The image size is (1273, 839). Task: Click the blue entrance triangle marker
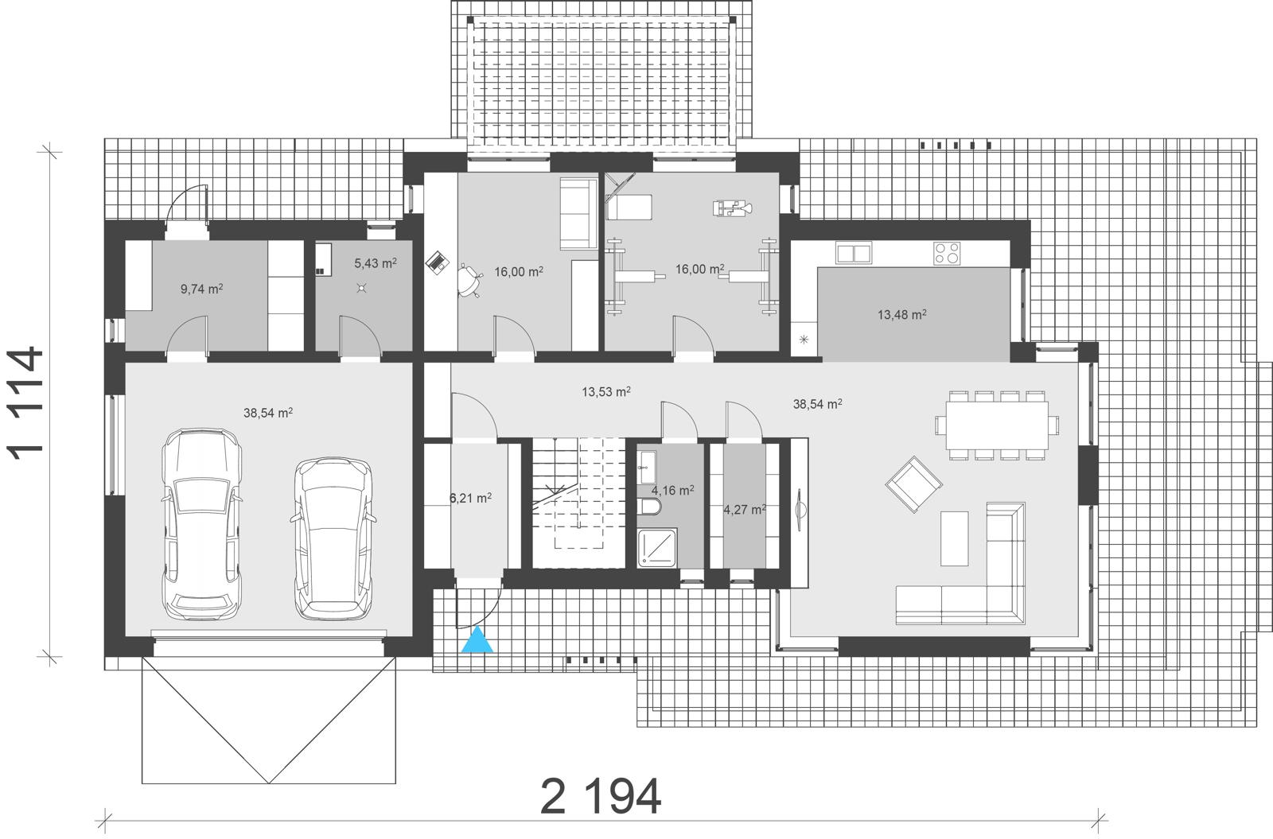pos(477,639)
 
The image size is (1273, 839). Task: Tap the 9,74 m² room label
pos(202,289)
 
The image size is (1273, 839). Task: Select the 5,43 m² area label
pos(375,263)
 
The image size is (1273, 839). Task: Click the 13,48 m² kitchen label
pos(902,314)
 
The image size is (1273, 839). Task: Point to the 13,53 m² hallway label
pos(605,391)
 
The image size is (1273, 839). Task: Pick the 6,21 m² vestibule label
pos(470,498)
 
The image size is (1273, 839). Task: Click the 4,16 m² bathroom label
pos(672,490)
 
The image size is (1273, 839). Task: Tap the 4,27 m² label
pos(745,510)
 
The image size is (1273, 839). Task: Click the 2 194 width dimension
pos(601,797)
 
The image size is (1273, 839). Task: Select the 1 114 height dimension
pos(25,403)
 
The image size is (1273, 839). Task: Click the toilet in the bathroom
pos(649,507)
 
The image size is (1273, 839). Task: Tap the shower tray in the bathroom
pos(657,548)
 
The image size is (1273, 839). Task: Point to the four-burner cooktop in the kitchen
pos(947,254)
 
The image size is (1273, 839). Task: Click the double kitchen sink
pos(854,253)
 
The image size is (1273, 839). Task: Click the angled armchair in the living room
pos(913,484)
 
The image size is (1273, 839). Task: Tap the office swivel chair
pos(470,281)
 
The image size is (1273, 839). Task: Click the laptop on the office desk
pos(438,262)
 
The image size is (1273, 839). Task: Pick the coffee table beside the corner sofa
pos(954,538)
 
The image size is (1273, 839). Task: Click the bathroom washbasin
pos(647,467)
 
